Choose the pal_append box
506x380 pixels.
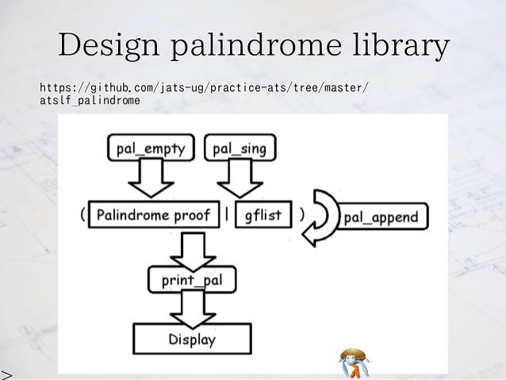[382, 216]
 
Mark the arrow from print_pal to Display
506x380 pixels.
[190, 307]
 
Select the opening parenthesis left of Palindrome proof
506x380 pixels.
[82, 214]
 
